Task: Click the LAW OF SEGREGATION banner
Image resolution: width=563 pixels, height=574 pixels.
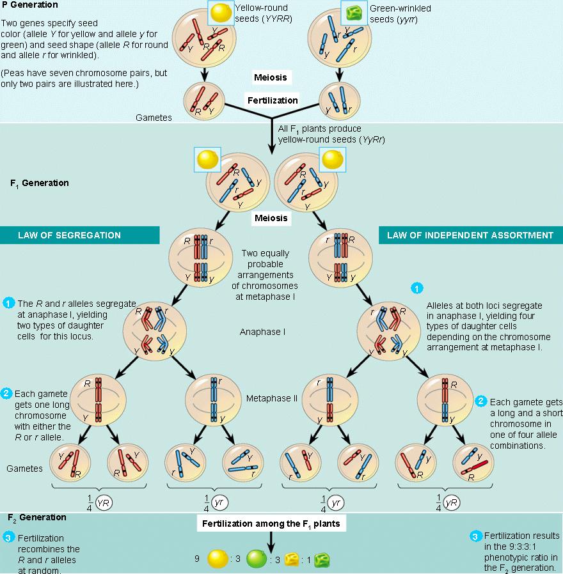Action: [79, 235]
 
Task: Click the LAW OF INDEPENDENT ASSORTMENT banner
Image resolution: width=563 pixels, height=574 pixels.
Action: [470, 235]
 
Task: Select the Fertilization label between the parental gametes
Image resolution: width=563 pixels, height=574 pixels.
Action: [273, 100]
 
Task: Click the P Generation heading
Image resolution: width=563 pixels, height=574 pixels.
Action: [30, 5]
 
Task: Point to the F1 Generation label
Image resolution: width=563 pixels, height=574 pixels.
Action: [39, 183]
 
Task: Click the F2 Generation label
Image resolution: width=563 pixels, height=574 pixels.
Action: [37, 517]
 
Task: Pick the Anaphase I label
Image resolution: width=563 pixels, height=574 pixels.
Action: [262, 332]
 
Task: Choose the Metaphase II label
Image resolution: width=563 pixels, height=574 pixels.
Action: [272, 398]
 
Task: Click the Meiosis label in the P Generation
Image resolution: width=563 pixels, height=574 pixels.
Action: [271, 77]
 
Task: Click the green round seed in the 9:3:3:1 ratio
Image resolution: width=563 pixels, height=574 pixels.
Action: [256, 560]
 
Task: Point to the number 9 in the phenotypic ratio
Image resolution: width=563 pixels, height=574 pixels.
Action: [197, 559]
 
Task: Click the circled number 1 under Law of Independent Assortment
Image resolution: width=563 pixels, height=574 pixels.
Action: [416, 288]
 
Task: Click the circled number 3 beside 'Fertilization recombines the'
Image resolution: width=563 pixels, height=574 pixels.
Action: [8, 538]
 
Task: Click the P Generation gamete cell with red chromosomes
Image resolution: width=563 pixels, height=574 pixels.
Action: [203, 101]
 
